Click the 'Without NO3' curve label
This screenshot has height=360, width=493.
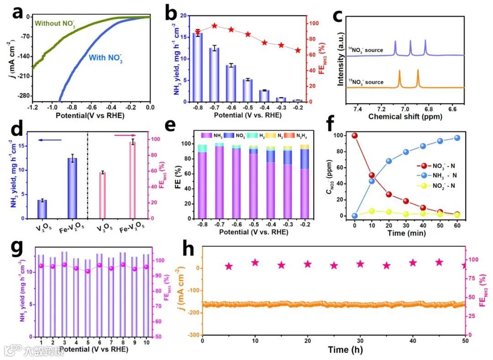(x=55, y=23)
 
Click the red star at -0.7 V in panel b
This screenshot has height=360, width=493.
(x=215, y=26)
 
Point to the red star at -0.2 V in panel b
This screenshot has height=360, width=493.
(x=298, y=51)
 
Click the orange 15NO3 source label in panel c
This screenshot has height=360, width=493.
(x=366, y=82)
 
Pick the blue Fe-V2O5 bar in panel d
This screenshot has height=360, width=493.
(x=72, y=188)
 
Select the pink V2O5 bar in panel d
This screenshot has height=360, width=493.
(x=103, y=196)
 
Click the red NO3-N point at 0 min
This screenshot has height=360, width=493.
(x=355, y=136)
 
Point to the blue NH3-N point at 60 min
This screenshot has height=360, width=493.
(x=457, y=138)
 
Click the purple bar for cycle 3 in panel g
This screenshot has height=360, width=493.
(x=64, y=294)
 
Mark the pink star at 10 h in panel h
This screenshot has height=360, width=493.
(x=255, y=263)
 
